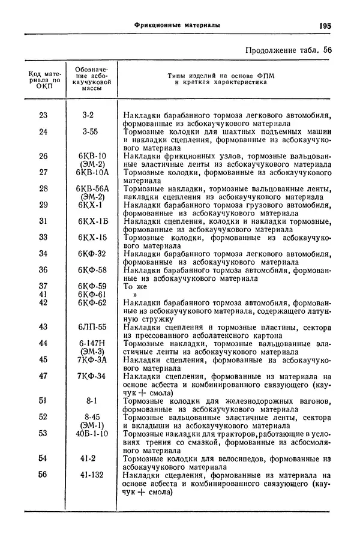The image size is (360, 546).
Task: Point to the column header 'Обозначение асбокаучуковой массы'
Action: [x=92, y=79]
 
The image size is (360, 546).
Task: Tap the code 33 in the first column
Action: [x=43, y=237]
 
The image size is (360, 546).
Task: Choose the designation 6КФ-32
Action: [x=92, y=254]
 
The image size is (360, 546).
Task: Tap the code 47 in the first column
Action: [x=43, y=376]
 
